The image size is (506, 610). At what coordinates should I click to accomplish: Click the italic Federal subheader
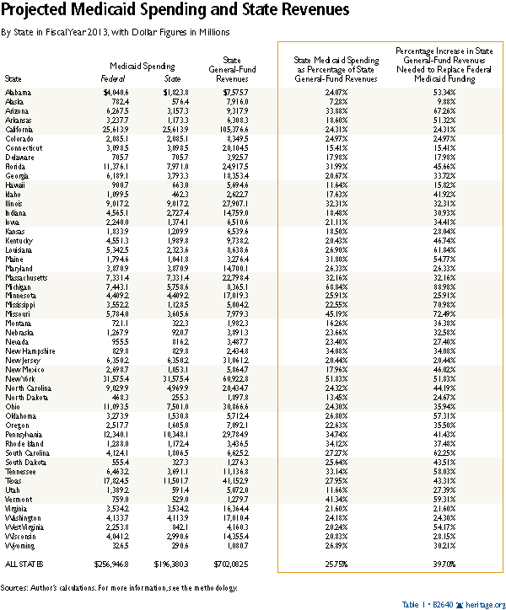click(x=116, y=76)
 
